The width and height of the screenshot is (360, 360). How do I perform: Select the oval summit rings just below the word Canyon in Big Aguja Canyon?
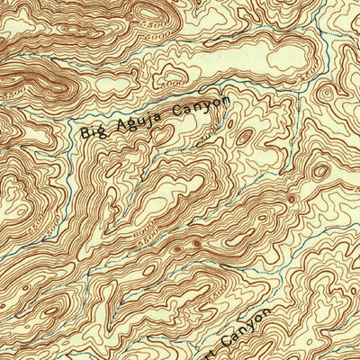(243, 137)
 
